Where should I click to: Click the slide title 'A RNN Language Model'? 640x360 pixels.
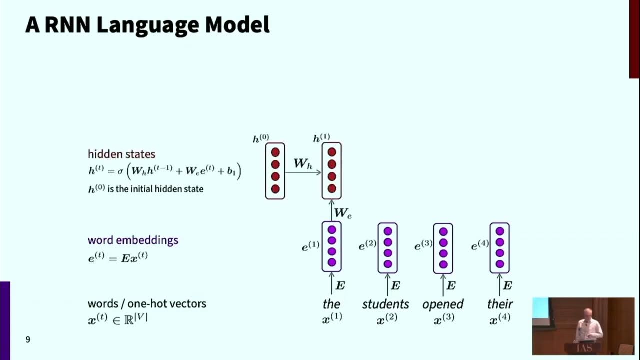pos(147,25)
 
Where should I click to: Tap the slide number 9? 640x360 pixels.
pos(28,340)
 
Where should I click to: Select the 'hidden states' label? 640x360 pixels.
pos(121,154)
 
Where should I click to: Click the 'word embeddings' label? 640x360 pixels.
pos(133,240)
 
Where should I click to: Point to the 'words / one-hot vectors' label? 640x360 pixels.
pos(147,303)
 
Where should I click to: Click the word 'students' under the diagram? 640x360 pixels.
pos(385,304)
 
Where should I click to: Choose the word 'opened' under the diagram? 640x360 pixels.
pos(443,304)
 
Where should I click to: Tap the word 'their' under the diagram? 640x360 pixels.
pos(500,304)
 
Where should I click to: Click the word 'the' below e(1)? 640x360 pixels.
pos(331,304)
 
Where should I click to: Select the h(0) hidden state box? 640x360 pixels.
pos(275,171)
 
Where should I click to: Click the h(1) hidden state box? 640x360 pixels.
pos(331,171)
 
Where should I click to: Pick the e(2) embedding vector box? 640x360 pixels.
pos(387,248)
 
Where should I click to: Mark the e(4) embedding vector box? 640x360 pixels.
pos(499,248)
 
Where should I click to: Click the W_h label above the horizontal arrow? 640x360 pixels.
pos(303,163)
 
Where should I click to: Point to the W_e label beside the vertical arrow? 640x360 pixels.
pos(343,213)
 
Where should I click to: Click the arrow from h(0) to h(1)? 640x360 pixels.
pos(303,173)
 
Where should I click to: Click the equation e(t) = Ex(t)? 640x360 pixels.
pos(118,258)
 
